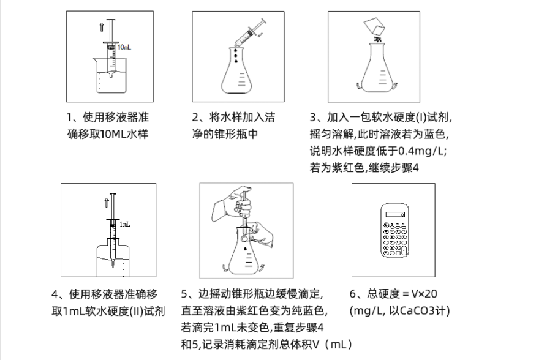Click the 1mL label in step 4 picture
(x=124, y=225)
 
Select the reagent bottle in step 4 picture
(x=113, y=257)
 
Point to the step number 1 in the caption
(x=70, y=117)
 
